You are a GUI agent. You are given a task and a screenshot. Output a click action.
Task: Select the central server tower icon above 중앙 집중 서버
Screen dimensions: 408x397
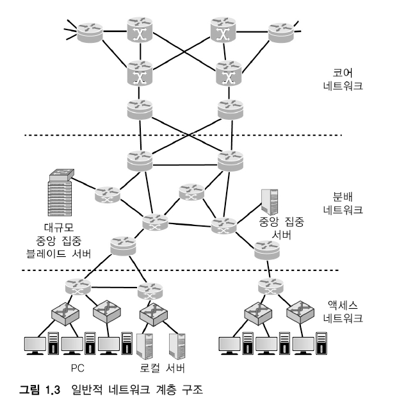[x=270, y=202]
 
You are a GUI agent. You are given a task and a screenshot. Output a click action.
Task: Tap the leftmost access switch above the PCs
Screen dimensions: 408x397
[x=65, y=313]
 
